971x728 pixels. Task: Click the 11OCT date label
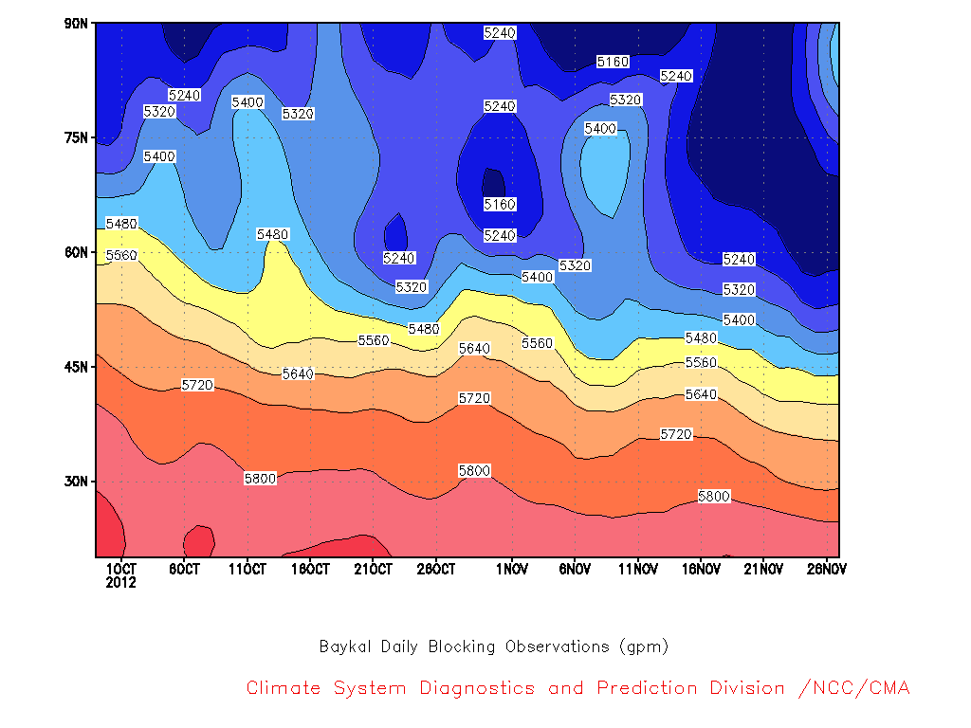pyautogui.click(x=247, y=569)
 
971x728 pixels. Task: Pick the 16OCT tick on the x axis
pyautogui.click(x=310, y=569)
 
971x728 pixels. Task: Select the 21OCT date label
pyautogui.click(x=373, y=569)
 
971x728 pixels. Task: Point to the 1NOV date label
pyautogui.click(x=512, y=569)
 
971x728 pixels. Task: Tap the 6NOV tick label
pyautogui.click(x=575, y=569)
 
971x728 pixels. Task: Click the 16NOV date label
pyautogui.click(x=701, y=569)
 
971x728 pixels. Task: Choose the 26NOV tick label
pyautogui.click(x=826, y=569)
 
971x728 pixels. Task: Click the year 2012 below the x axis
pyautogui.click(x=120, y=583)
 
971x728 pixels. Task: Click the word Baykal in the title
pyautogui.click(x=346, y=646)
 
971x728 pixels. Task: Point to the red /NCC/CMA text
pyautogui.click(x=853, y=688)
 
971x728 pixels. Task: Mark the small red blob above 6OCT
pyautogui.click(x=198, y=542)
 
